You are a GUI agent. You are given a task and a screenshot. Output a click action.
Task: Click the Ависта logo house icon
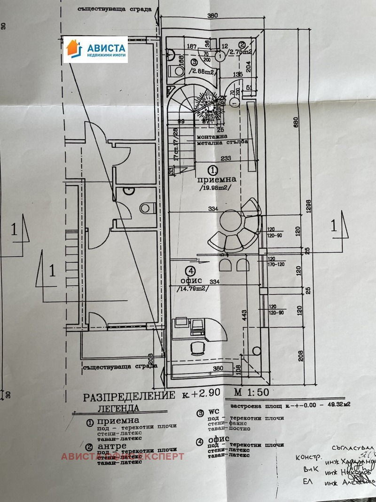pos(73,49)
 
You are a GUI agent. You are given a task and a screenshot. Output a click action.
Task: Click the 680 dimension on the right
pos(308,121)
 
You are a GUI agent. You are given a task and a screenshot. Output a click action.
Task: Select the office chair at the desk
pos(198,348)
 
